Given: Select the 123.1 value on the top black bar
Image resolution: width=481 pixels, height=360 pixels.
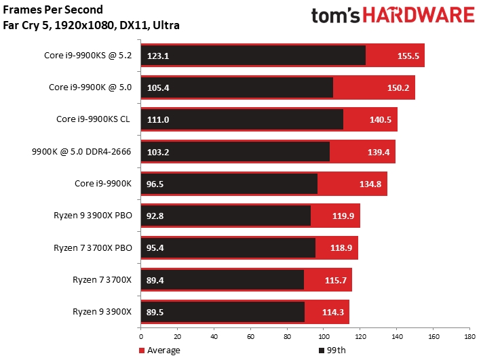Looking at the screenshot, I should [x=157, y=56].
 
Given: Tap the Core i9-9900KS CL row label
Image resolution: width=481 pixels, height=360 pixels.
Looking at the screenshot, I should [x=94, y=119].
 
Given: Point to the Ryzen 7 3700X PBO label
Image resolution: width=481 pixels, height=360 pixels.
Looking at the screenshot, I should [x=93, y=247].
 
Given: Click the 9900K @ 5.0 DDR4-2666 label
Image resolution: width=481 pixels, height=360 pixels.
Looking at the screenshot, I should [x=88, y=151].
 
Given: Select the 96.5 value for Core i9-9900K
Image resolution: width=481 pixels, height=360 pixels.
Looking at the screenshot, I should [x=155, y=184].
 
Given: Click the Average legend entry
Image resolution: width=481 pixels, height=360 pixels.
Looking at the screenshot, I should [x=160, y=351].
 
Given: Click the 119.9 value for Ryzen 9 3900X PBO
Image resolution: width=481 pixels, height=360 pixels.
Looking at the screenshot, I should [x=345, y=216].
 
